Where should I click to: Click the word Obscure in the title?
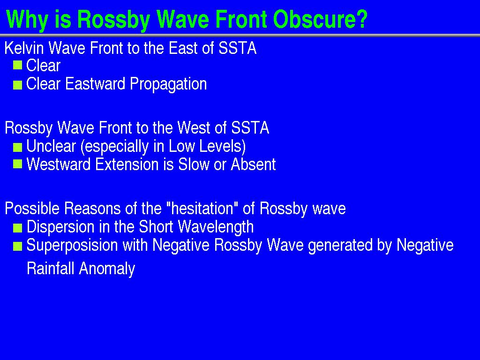click(320, 20)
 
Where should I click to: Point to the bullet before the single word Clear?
click(18, 65)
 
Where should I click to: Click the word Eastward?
click(95, 83)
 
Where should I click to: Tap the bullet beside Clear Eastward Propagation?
click(18, 85)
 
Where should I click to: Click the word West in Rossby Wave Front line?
click(194, 127)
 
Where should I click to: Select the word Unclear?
click(51, 146)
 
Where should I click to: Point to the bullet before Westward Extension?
click(18, 164)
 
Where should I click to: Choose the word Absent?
click(253, 165)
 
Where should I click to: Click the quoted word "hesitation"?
click(202, 209)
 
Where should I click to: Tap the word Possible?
click(32, 209)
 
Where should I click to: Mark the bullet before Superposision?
click(18, 246)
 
